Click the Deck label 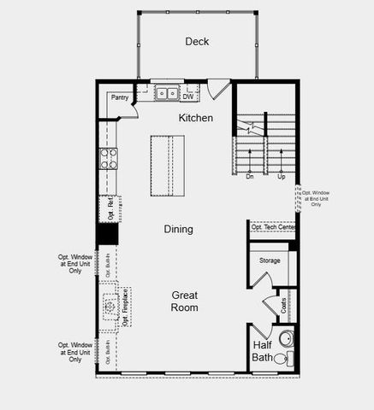click(197, 42)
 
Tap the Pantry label click(120, 97)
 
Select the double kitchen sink click(165, 92)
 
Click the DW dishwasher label click(187, 97)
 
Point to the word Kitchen click(196, 118)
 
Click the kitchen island click(167, 166)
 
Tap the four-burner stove click(110, 159)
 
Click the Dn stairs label click(250, 177)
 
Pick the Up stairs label click(281, 177)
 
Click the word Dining click(179, 229)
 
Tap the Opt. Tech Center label click(273, 227)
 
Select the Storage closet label click(270, 261)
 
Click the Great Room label click(184, 301)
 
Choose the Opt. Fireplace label click(125, 308)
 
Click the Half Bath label click(263, 351)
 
